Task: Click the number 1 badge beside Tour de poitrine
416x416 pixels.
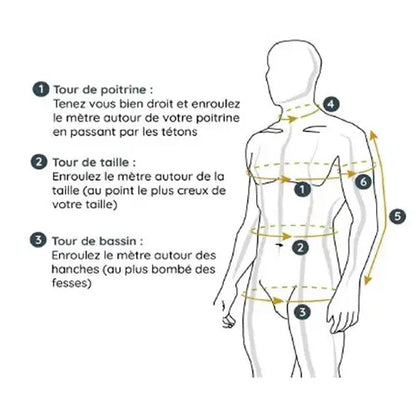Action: (41, 90)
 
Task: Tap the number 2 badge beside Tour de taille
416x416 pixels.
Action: (39, 162)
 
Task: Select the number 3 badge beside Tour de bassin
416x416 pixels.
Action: (38, 240)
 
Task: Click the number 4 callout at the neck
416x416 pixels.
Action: (331, 104)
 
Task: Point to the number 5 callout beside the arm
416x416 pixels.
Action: (397, 217)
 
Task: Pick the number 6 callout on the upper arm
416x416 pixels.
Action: (363, 182)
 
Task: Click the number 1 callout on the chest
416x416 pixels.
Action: (302, 189)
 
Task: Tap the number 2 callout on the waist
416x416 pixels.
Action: (301, 247)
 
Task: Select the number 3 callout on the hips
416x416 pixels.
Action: (302, 312)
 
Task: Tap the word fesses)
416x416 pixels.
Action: (72, 283)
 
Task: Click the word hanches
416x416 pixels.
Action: (75, 269)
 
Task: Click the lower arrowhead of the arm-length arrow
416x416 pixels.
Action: (366, 282)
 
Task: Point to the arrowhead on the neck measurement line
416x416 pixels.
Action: (293, 119)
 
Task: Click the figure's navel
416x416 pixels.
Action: (279, 245)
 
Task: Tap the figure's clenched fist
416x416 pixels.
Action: (228, 320)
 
